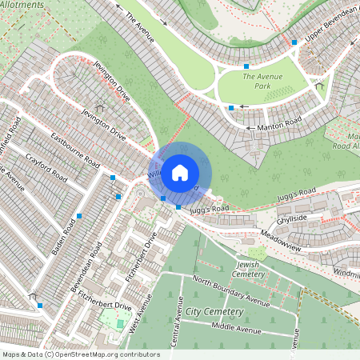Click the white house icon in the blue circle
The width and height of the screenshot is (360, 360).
point(180,172)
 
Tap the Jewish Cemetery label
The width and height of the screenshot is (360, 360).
point(251,269)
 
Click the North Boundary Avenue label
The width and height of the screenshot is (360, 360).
point(231,290)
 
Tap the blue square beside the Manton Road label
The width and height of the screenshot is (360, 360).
point(231,107)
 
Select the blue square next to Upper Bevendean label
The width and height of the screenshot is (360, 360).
point(294,42)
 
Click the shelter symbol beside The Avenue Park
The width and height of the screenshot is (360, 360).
point(318,85)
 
